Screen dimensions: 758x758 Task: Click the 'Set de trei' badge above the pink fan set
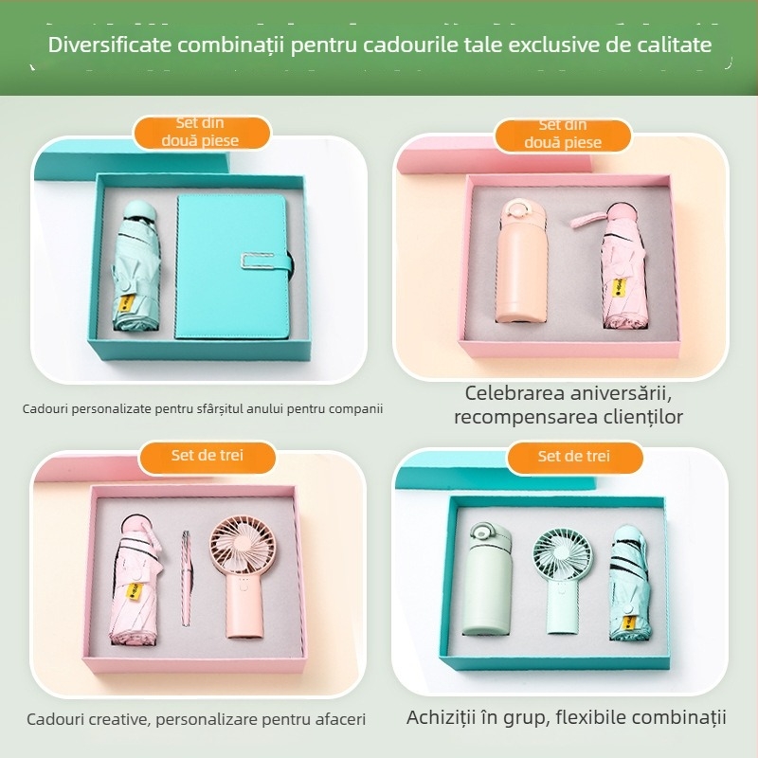208,456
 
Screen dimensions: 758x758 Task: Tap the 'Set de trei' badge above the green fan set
574,457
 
